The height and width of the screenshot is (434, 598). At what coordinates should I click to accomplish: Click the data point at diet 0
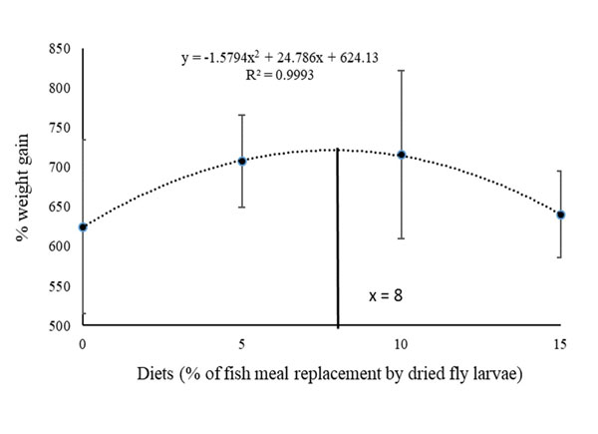coord(83,227)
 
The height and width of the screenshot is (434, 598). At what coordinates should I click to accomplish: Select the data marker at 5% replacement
coord(242,161)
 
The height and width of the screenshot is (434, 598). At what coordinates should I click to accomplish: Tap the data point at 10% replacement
coord(402,155)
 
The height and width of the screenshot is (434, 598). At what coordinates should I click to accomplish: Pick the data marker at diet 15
coord(561,215)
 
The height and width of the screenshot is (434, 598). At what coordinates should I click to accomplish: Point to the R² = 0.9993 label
coord(258,74)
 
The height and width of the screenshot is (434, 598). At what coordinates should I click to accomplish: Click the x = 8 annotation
coord(384,296)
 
